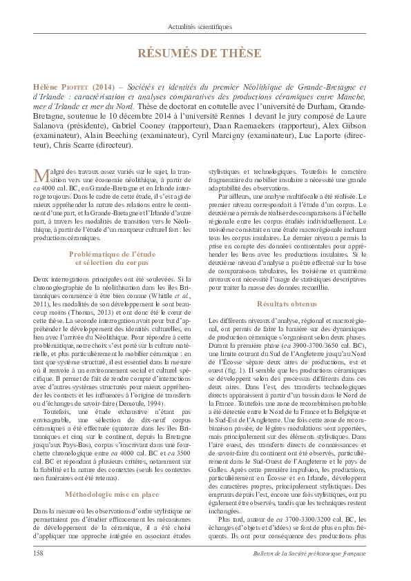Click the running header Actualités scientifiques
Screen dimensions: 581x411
pos(205,27)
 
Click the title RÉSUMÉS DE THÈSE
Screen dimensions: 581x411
pos(205,54)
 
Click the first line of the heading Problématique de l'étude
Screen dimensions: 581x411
pos(112,254)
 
